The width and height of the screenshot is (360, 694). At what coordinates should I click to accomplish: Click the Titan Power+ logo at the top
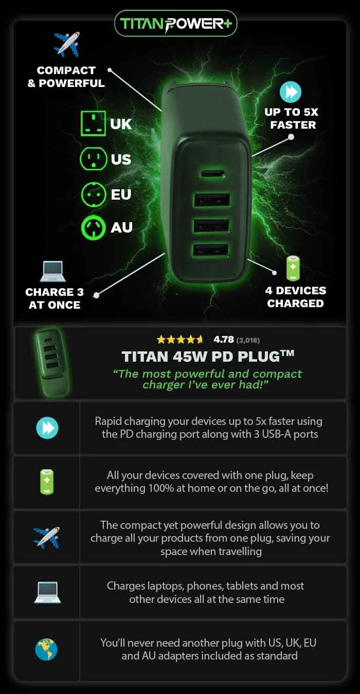[x=176, y=23]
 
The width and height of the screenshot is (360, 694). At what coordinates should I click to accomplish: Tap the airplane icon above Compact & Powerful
[x=67, y=44]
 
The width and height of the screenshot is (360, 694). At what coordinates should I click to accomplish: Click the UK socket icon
[x=93, y=123]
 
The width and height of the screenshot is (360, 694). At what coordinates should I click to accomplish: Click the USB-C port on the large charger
[x=212, y=173]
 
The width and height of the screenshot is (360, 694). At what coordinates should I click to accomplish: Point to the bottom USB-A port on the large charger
[x=211, y=251]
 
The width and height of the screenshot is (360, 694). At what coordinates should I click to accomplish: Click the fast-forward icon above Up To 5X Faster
[x=290, y=92]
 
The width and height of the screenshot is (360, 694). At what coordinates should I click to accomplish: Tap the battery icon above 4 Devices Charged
[x=293, y=268]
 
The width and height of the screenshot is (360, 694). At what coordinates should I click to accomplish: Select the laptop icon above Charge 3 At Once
[x=53, y=271]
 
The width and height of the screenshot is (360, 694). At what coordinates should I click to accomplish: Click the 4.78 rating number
[x=224, y=340]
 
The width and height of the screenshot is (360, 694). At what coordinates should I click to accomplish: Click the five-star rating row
[x=179, y=340]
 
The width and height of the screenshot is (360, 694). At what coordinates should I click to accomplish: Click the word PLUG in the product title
[x=261, y=357]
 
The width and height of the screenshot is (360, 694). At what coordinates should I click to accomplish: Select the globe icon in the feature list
[x=46, y=650]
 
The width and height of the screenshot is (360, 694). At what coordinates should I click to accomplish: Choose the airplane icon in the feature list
[x=47, y=538]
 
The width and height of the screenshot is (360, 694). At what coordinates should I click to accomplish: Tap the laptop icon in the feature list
[x=47, y=592]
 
